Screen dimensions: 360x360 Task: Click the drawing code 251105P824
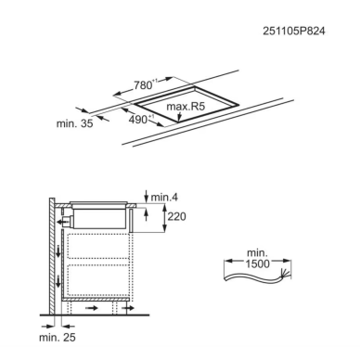coord(294,32)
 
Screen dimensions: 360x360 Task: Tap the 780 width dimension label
coord(143,84)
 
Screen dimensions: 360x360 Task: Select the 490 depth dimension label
coord(138,120)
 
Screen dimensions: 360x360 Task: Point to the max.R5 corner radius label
coord(186,107)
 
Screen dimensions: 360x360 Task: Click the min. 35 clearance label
coord(74,123)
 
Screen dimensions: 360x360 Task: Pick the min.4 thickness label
coord(164,197)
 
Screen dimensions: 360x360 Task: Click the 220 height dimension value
coord(176,216)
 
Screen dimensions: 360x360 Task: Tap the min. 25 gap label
coord(58,338)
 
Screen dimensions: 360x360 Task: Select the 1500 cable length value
coord(258,264)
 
